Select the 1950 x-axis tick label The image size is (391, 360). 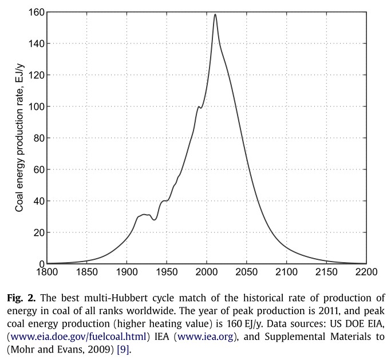pyautogui.click(x=166, y=273)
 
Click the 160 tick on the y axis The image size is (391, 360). pyautogui.click(x=35, y=12)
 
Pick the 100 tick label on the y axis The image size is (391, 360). pyautogui.click(x=35, y=106)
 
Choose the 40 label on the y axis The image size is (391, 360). pyautogui.click(x=37, y=201)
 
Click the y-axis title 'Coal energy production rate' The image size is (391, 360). pyautogui.click(x=19, y=138)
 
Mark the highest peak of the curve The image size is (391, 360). pyautogui.click(x=215, y=14)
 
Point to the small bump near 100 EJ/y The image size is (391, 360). pyautogui.click(x=199, y=106)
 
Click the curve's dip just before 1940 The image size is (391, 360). pyautogui.click(x=154, y=219)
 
